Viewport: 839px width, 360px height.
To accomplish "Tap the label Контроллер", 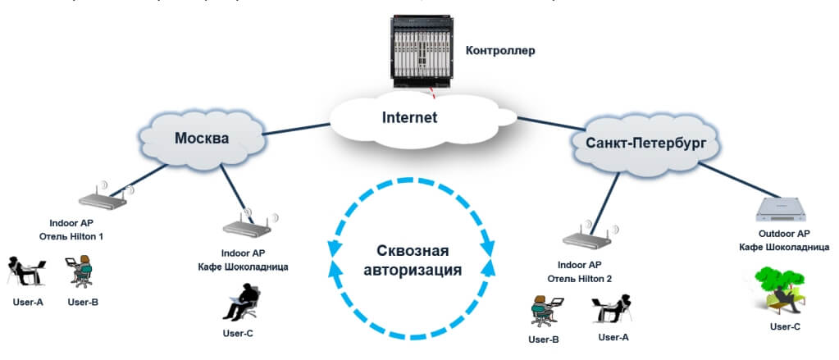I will pos(500,51).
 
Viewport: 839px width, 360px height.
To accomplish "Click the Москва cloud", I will pos(202,138).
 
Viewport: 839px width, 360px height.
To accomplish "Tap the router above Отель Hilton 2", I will pos(586,238).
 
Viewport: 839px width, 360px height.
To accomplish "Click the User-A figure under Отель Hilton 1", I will pos(27,272).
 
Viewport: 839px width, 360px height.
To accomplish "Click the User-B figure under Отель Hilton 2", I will pos(544,309).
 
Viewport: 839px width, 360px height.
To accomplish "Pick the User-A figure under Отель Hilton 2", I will pos(611,309).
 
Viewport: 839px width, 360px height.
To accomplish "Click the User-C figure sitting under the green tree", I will pos(778,289).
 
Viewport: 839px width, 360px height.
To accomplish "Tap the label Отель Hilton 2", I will pos(585,276).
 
